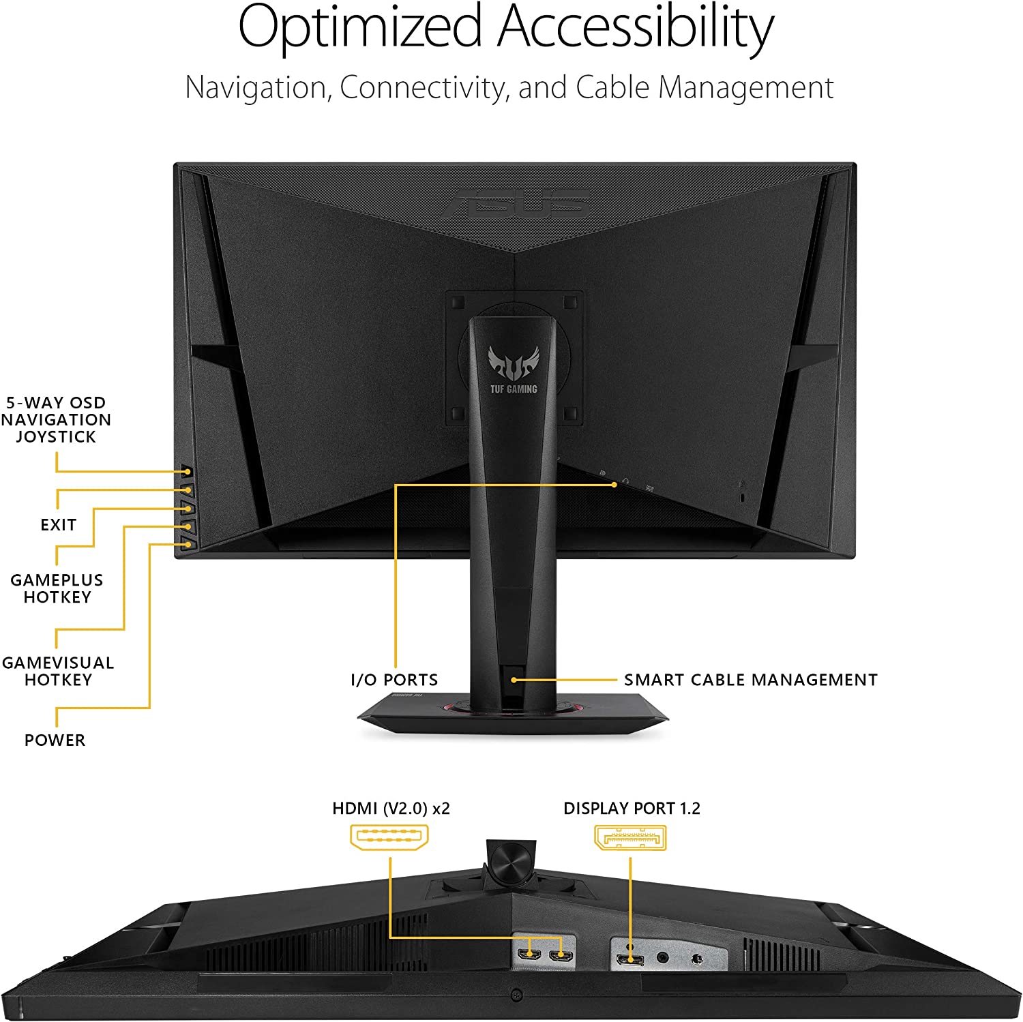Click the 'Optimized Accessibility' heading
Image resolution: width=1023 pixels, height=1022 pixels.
click(x=505, y=29)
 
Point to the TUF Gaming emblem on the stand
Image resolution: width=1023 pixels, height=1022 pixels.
click(x=514, y=369)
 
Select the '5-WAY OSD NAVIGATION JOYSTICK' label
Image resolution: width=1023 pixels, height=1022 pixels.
click(x=56, y=419)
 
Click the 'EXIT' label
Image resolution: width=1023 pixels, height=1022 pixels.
click(x=58, y=525)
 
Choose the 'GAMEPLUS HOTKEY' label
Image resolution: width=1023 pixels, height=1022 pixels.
click(x=57, y=588)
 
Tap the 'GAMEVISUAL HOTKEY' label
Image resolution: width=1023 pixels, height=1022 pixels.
click(x=58, y=671)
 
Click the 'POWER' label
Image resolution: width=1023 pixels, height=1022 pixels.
click(x=55, y=740)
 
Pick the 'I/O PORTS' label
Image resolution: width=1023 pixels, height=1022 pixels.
click(x=394, y=680)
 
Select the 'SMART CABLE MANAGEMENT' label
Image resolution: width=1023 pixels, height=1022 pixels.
click(x=751, y=680)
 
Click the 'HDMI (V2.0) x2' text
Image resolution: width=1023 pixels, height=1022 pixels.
click(x=391, y=808)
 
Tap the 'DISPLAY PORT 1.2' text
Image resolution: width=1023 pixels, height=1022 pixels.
click(x=632, y=808)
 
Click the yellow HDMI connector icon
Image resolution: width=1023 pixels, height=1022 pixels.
click(x=389, y=837)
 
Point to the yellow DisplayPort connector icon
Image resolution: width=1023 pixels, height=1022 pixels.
click(x=630, y=837)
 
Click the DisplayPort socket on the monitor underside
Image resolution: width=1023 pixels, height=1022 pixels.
click(x=629, y=961)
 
